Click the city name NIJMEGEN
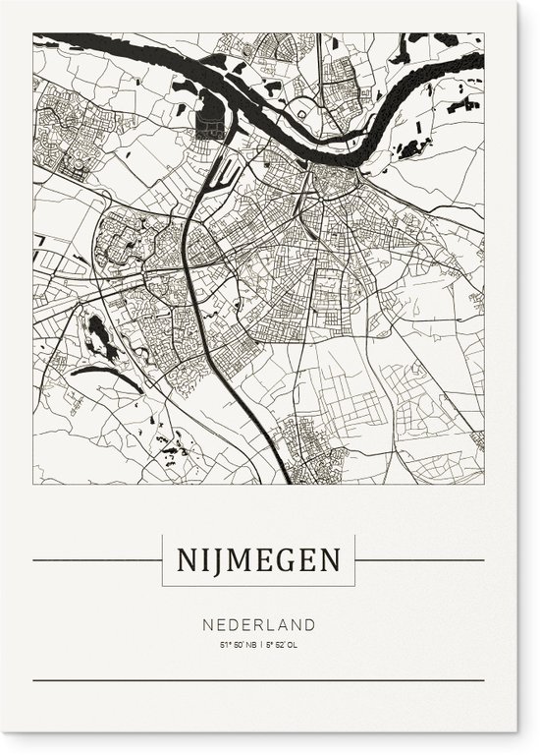(x=258, y=561)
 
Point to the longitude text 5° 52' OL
(x=283, y=645)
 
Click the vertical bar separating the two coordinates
(x=259, y=645)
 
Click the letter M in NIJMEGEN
(x=232, y=561)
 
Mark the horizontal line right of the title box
(x=419, y=561)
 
